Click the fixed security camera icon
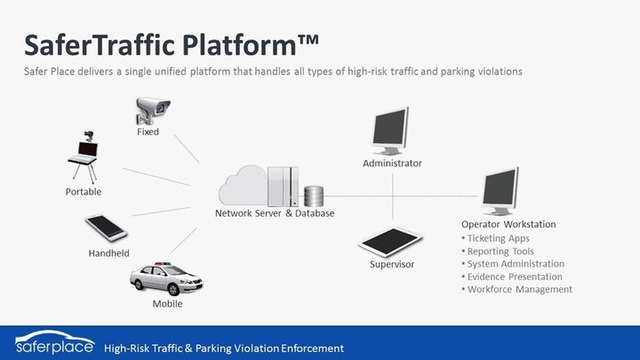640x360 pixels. [x=153, y=110]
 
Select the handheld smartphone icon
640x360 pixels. [x=106, y=228]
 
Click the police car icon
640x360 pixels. [x=166, y=279]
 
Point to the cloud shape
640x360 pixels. [x=244, y=186]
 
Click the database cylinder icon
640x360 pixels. [x=314, y=196]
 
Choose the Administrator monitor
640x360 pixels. [x=390, y=131]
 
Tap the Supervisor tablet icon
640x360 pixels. [x=390, y=242]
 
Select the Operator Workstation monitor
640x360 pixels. [x=500, y=190]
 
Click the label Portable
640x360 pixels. [x=84, y=192]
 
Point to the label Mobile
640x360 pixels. [x=167, y=304]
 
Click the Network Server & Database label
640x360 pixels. [x=275, y=213]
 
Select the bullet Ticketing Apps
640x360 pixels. [x=495, y=238]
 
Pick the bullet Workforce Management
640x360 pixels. [x=516, y=290]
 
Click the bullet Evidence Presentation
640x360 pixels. [x=512, y=276]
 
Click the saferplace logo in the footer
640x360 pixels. [x=55, y=342]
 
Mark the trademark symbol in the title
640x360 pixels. [x=308, y=40]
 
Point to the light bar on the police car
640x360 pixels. [x=162, y=264]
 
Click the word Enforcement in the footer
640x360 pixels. [x=312, y=348]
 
